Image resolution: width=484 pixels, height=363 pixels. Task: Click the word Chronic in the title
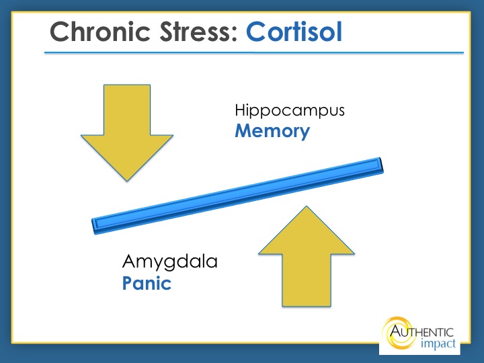[x=100, y=32]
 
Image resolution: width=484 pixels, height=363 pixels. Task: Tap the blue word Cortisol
[x=294, y=32]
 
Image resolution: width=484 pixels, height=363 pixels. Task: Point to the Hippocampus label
[x=290, y=110]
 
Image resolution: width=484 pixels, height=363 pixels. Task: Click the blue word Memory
[x=272, y=131]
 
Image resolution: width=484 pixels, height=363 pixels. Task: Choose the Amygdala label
[x=170, y=261]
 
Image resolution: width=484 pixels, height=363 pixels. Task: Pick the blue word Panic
[x=147, y=284]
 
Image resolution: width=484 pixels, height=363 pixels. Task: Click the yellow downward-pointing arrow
[x=127, y=132]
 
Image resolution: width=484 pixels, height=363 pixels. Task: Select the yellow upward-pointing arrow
[x=307, y=256]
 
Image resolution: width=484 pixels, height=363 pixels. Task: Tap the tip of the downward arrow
[x=127, y=181]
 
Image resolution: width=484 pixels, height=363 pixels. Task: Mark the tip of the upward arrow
[x=307, y=206]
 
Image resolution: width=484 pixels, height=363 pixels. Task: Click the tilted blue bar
[x=238, y=196]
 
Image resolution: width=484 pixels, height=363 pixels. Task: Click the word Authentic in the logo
[x=421, y=332]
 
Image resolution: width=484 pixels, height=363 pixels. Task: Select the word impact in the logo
[x=438, y=344]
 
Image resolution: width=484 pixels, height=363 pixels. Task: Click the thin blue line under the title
[x=254, y=53]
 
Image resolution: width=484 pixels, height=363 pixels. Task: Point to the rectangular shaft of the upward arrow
[x=307, y=280]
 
